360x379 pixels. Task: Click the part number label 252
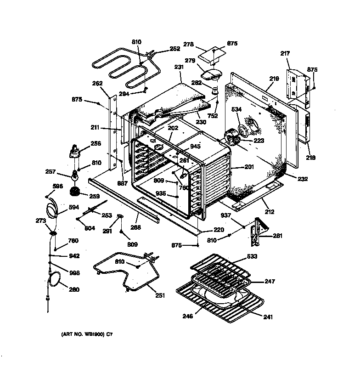(x=175, y=48)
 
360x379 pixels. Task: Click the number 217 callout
(x=285, y=54)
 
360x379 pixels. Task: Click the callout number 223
(x=259, y=141)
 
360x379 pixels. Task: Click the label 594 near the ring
(x=73, y=207)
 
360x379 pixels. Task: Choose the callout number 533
(x=252, y=256)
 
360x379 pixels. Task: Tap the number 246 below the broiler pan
(x=187, y=316)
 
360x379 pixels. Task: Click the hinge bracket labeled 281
(x=258, y=232)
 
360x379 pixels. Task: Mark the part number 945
(x=195, y=147)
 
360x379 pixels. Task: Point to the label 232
(x=303, y=179)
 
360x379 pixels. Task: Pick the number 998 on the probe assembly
(x=74, y=273)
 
